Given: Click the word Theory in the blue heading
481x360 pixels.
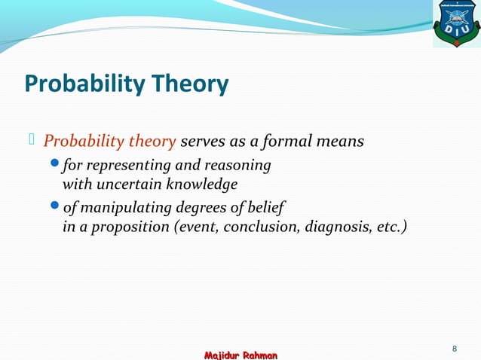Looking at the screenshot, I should pos(191,84).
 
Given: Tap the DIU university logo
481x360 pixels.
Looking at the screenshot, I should pos(455,24).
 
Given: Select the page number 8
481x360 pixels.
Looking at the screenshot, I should pos(455,348).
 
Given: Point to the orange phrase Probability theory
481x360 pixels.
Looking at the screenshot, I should pos(110,142).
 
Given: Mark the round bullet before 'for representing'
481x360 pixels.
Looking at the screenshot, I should pos(54,165).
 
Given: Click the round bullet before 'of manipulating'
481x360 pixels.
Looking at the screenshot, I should pos(54,207).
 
